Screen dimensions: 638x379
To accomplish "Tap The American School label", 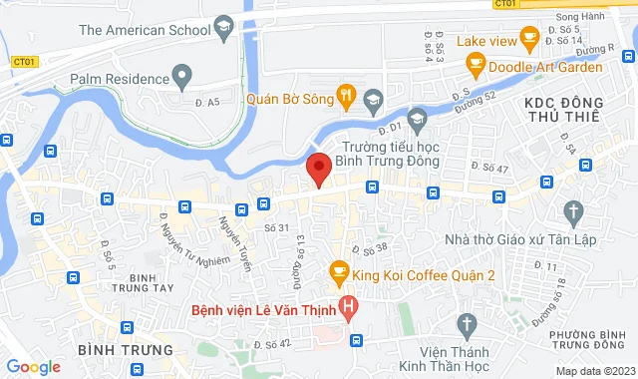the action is [144, 30].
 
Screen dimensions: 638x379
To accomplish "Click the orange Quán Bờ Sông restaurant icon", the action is [346, 97].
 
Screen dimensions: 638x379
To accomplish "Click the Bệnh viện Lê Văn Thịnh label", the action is [263, 308].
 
